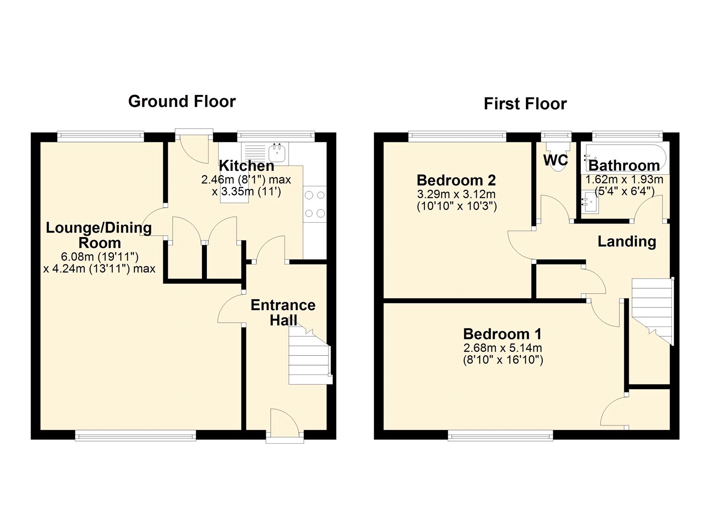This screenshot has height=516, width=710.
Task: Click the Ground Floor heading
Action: (x=181, y=102)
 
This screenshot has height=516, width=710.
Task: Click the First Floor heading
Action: (x=525, y=104)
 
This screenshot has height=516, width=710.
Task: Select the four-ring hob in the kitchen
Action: (x=315, y=204)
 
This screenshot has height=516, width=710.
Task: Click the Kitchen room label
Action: (x=247, y=166)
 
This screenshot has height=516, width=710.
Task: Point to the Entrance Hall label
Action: (x=283, y=312)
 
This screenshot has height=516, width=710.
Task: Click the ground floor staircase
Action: (x=309, y=359)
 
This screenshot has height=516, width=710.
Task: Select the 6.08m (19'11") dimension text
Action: (x=100, y=256)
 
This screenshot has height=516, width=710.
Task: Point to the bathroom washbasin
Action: (x=590, y=203)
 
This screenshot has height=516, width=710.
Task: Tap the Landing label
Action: (x=627, y=242)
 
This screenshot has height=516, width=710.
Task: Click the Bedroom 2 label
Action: (x=456, y=181)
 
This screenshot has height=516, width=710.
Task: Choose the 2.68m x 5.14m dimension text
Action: (x=502, y=348)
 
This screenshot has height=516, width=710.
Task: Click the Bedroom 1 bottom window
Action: (x=500, y=437)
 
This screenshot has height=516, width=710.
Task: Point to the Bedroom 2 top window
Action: (x=457, y=135)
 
